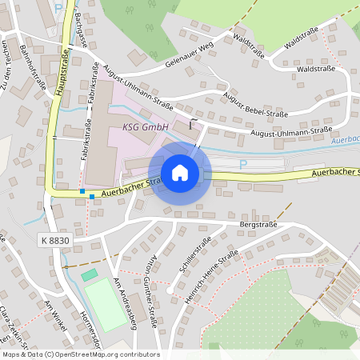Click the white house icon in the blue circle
tap(180, 173)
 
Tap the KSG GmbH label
tap(145, 127)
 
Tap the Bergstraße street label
tap(258, 226)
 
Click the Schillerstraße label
tap(194, 258)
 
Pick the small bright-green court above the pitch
tap(89, 275)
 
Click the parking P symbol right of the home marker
tap(243, 163)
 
